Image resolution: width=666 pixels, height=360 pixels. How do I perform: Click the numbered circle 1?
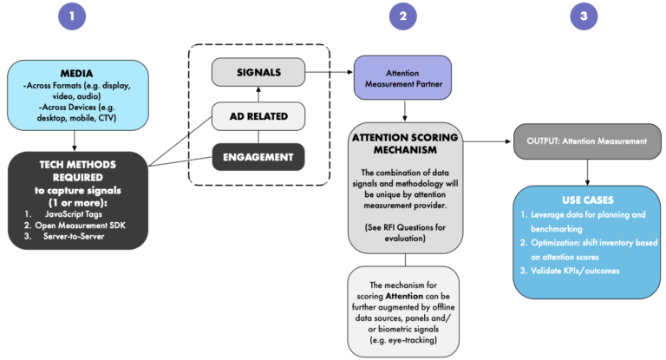(72, 16)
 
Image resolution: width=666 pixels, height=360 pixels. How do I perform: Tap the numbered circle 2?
(402, 16)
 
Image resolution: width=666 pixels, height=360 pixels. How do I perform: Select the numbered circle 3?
(584, 16)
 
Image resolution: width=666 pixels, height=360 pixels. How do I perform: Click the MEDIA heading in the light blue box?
(76, 74)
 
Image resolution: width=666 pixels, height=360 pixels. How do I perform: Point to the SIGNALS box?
(258, 72)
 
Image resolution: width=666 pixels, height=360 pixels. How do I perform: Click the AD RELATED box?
(258, 116)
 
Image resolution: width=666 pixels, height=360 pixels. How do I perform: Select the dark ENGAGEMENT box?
(258, 157)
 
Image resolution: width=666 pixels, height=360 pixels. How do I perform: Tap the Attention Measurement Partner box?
(402, 78)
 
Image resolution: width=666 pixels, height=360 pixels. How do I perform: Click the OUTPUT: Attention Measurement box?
(587, 141)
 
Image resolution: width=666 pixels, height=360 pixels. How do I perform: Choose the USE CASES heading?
(588, 200)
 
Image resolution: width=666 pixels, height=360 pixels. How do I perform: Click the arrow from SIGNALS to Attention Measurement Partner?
(330, 72)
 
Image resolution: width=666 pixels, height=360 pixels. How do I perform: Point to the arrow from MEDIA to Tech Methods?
(75, 141)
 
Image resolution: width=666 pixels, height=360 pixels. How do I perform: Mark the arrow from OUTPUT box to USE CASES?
(587, 173)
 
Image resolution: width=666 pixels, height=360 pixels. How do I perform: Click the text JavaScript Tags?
(74, 214)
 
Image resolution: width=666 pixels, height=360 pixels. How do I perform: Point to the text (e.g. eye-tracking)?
(403, 340)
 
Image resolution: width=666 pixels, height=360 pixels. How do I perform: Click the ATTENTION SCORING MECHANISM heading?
(405, 144)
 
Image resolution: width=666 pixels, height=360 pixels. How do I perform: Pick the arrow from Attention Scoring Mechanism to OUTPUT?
(487, 141)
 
